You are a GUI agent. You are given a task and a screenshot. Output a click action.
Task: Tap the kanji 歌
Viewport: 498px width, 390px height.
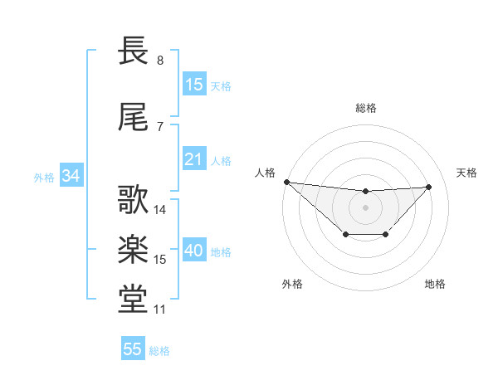[x=134, y=200]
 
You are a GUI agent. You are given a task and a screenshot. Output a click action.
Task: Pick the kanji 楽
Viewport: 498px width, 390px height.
[x=134, y=250]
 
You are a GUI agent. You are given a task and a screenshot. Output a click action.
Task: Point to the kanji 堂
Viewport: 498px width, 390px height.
[x=134, y=300]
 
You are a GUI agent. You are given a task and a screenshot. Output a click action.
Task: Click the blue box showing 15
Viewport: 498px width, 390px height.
[x=194, y=85]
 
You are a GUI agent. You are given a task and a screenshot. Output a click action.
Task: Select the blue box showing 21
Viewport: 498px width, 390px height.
[x=194, y=159]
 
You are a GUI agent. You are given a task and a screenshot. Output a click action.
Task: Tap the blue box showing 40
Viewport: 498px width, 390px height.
[x=194, y=251]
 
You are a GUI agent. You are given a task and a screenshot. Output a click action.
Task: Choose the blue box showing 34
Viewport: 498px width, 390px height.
[x=71, y=176]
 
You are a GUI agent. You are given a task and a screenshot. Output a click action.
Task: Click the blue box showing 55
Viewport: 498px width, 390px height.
[x=133, y=349]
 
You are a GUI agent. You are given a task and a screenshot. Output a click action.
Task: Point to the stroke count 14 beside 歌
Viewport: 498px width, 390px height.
[x=160, y=210]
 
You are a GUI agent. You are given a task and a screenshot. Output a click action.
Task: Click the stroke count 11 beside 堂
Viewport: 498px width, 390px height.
[x=160, y=310]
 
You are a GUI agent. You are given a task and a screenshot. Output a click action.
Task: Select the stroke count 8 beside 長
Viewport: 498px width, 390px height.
[x=160, y=61]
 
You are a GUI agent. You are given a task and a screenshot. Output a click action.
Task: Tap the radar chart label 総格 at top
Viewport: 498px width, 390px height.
[x=365, y=108]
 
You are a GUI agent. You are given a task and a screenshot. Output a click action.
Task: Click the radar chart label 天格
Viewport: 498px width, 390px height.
[x=467, y=173]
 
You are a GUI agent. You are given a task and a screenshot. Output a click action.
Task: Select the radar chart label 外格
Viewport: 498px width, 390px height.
[x=292, y=284]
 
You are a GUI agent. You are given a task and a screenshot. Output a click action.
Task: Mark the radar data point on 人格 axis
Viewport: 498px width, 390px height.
[x=286, y=182]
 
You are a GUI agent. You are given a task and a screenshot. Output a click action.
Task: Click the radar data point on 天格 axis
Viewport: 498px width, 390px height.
[x=429, y=187]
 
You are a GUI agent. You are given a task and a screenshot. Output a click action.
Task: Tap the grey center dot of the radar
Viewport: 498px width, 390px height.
[x=365, y=207]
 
